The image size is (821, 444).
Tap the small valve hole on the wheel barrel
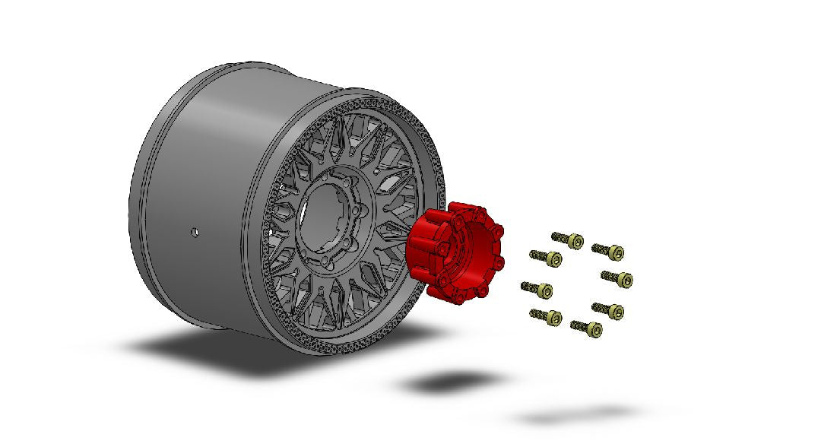click(x=195, y=230)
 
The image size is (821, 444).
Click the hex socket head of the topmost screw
click(x=575, y=242)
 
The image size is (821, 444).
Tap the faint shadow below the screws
click(x=578, y=415)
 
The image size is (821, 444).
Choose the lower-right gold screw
click(x=610, y=311)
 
